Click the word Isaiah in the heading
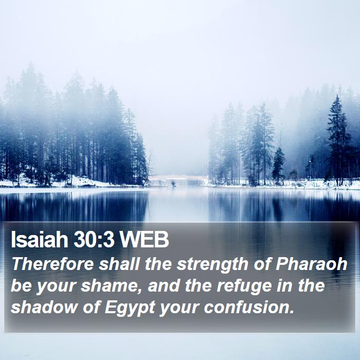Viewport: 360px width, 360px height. tap(39, 240)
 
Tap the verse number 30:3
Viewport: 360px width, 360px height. tap(94, 240)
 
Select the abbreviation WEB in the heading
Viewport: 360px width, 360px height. tap(145, 240)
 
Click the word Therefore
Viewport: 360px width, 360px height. tap(52, 264)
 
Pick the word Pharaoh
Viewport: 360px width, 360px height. tap(311, 264)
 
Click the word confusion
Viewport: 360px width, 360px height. tap(249, 307)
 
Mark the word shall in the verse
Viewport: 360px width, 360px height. tap(119, 264)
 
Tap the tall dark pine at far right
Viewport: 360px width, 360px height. tap(338, 140)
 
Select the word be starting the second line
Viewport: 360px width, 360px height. tap(21, 285)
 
